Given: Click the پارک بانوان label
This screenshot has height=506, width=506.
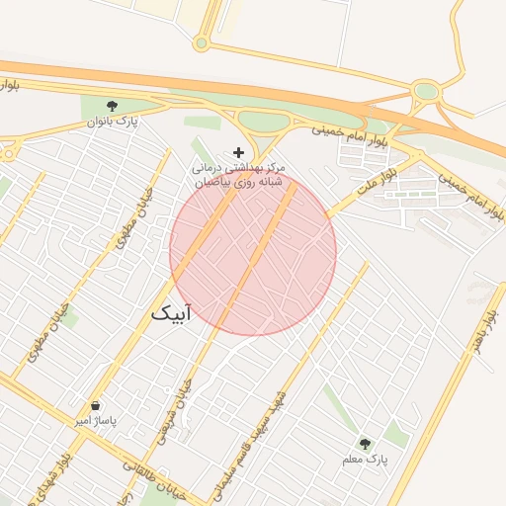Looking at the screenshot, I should (x=111, y=122).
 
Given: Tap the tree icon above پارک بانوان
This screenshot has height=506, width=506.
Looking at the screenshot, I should (x=111, y=105).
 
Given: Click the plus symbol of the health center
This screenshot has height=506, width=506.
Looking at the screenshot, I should (x=237, y=152).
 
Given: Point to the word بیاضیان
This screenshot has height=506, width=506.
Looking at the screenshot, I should (x=211, y=183).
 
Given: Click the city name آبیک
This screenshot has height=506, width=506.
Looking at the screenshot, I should (x=172, y=312).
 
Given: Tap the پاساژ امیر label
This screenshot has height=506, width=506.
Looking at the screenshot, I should (x=96, y=421).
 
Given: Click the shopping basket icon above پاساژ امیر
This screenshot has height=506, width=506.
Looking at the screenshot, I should (x=96, y=406).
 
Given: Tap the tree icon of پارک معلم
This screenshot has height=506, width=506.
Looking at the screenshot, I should (x=366, y=444).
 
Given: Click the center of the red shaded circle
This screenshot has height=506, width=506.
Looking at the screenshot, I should (x=253, y=252).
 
